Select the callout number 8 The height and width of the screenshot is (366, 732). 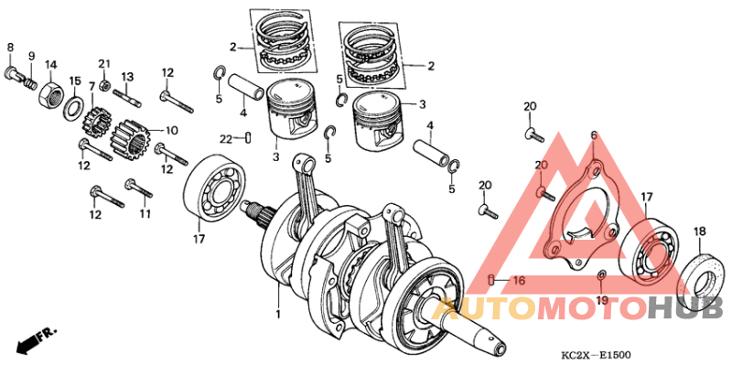pyautogui.click(x=11, y=47)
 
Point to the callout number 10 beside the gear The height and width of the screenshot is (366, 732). pyautogui.click(x=145, y=130)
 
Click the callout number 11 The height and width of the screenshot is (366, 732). pyautogui.click(x=144, y=214)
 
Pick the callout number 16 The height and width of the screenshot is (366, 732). pyautogui.click(x=518, y=280)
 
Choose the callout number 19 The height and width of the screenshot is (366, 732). pyautogui.click(x=601, y=300)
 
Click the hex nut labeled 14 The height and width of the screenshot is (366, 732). pyautogui.click(x=51, y=93)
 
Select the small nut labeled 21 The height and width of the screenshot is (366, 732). pyautogui.click(x=104, y=86)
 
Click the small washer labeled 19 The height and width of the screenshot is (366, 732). pyautogui.click(x=601, y=276)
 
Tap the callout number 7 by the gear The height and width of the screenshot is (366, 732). pyautogui.click(x=91, y=110)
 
